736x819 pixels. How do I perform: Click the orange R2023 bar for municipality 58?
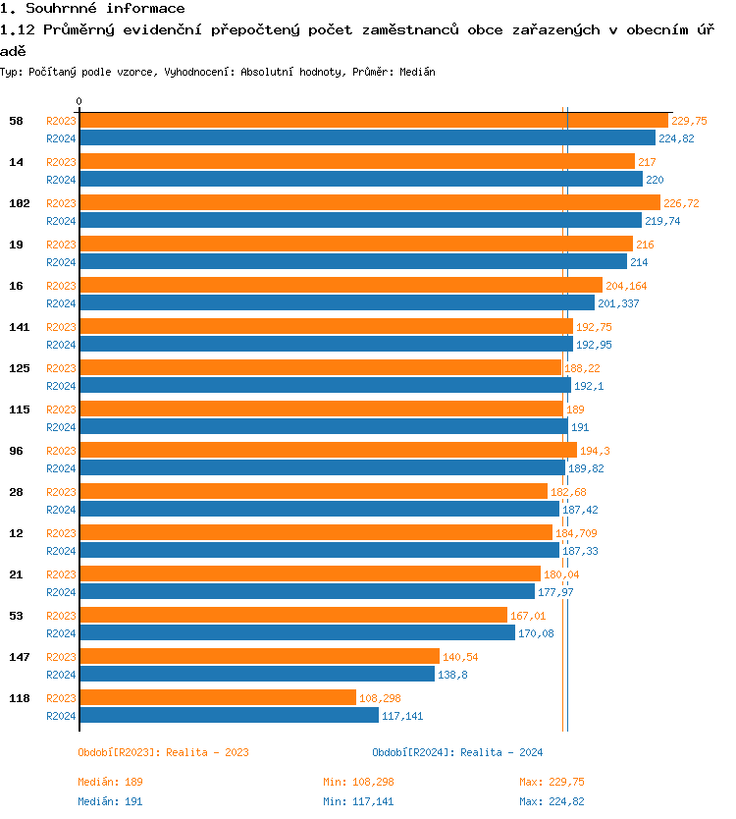373,120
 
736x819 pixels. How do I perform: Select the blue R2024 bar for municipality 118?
229,715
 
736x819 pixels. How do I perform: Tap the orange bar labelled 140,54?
259,656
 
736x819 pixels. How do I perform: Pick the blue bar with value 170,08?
296,632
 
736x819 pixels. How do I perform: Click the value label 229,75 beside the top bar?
689,121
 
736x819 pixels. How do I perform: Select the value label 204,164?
626,286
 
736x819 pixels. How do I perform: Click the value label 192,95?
594,345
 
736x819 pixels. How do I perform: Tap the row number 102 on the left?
20,203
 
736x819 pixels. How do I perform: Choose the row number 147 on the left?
20,657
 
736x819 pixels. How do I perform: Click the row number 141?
20,327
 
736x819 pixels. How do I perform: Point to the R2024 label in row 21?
61,592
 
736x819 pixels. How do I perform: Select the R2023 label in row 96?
61,451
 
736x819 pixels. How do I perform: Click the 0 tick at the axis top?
79,101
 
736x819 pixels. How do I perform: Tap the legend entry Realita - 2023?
163,752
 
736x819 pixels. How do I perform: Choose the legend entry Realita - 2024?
457,752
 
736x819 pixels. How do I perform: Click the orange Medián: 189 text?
110,782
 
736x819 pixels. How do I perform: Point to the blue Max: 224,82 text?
552,801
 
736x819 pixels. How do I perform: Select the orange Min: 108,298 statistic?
358,782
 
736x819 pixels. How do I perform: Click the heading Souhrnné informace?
92,9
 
